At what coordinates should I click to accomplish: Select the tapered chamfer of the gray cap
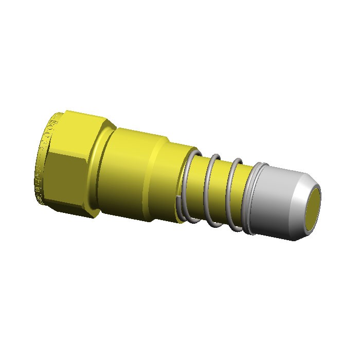[x=301, y=193]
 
